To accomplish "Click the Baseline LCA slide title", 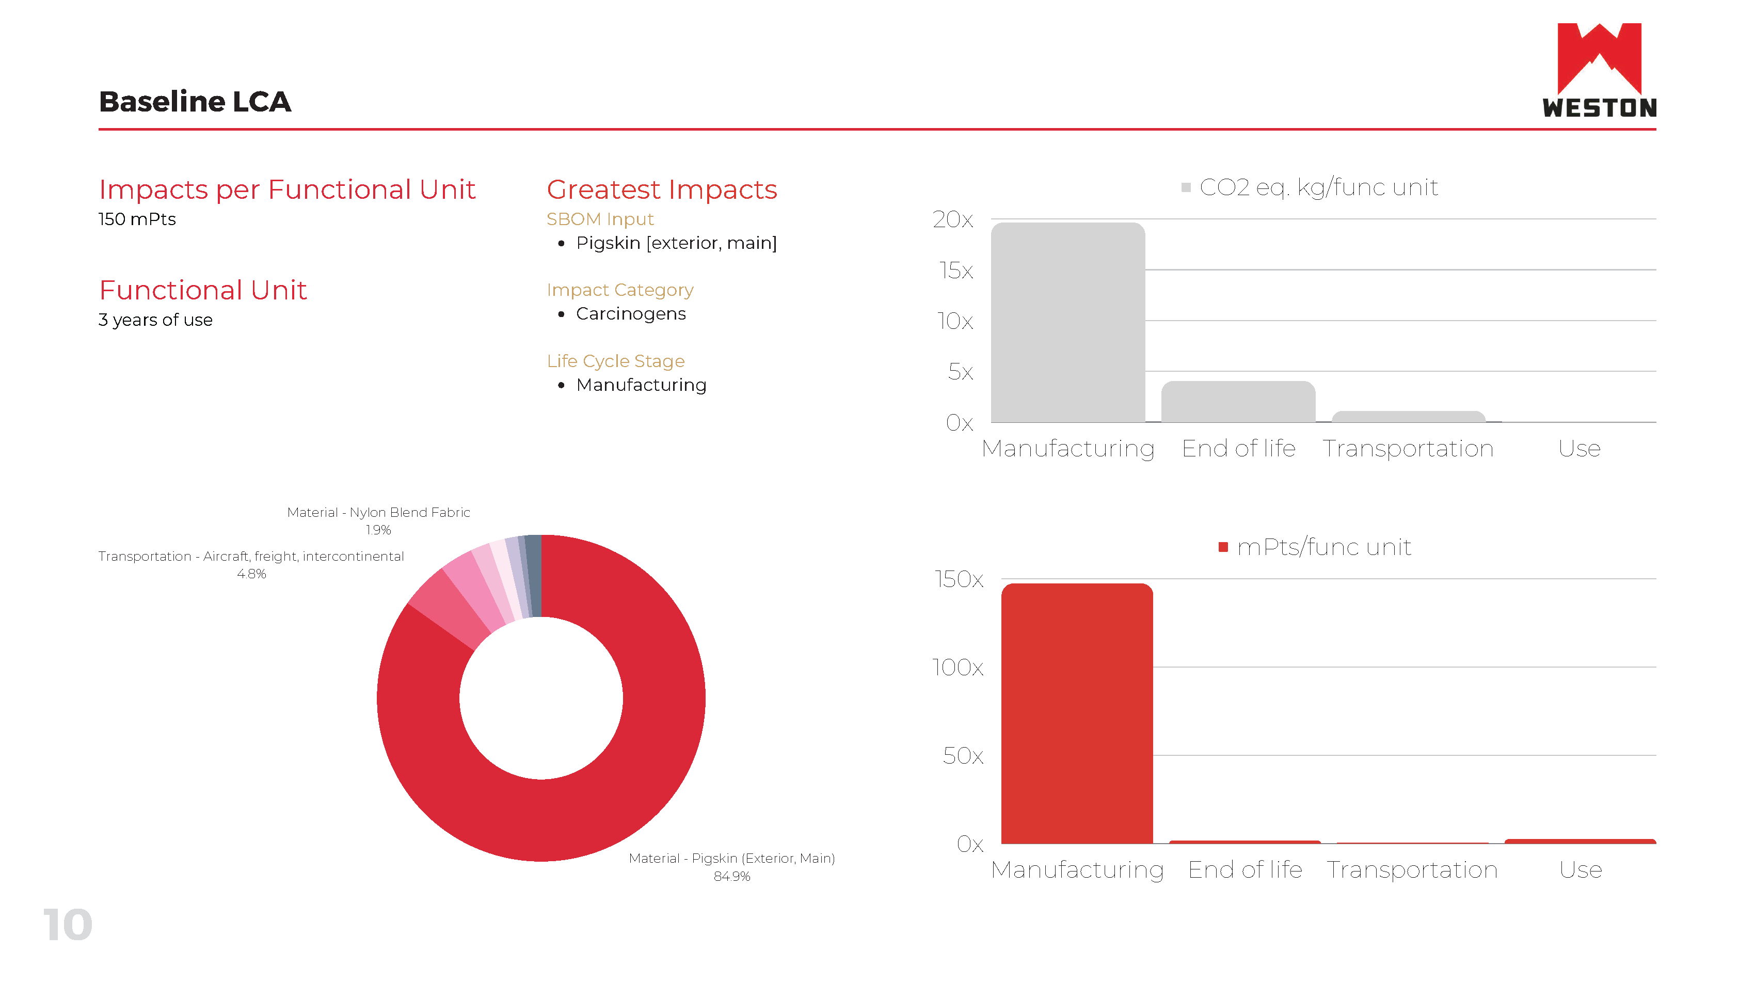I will (195, 102).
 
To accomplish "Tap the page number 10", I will (68, 924).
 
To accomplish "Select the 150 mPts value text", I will (137, 219).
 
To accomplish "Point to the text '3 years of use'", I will (155, 320).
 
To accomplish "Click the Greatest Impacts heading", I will (661, 189).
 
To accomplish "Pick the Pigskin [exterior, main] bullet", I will (676, 243).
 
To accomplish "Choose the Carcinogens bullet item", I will (630, 314).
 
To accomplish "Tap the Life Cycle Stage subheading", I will (615, 361).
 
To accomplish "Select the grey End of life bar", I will (1237, 402).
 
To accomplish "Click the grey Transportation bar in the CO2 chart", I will (1408, 416).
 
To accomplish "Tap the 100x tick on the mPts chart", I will (957, 667).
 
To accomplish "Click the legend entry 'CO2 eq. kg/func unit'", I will (1318, 187).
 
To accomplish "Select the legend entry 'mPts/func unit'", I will (1323, 547).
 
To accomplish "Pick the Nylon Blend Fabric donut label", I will (378, 513).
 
